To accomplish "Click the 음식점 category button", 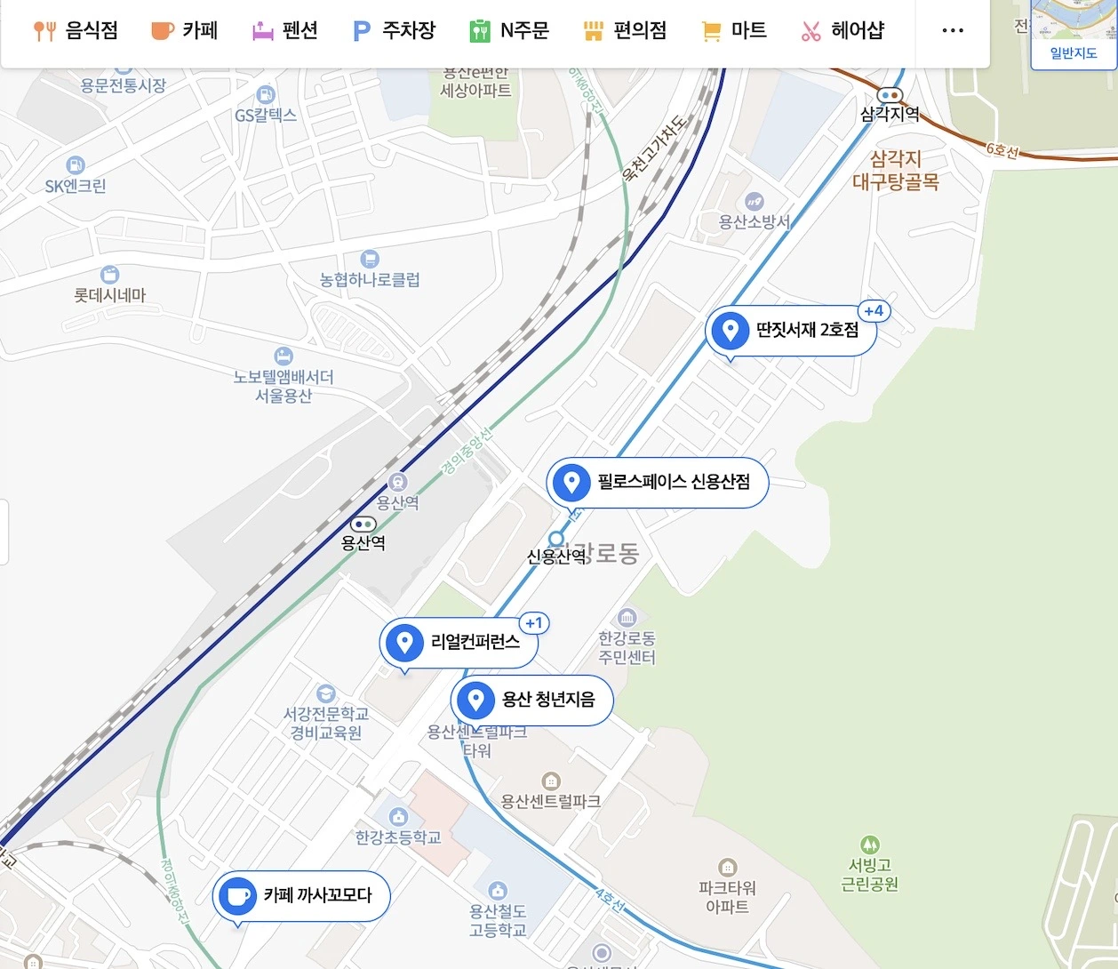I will pyautogui.click(x=76, y=31).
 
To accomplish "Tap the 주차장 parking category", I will pyautogui.click(x=394, y=31).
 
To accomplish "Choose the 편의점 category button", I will pyautogui.click(x=625, y=31).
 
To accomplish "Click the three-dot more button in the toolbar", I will pyautogui.click(x=952, y=31).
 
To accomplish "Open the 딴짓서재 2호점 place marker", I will pyautogui.click(x=790, y=331).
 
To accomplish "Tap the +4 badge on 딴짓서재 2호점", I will pyautogui.click(x=874, y=311).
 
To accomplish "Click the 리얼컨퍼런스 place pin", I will pyautogui.click(x=458, y=642).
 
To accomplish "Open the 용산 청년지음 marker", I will pyautogui.click(x=531, y=700).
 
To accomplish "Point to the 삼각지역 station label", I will pyautogui.click(x=890, y=114).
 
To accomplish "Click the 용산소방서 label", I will pyautogui.click(x=754, y=221).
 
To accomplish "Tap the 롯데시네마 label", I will pyautogui.click(x=110, y=294).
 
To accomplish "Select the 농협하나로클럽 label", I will pyautogui.click(x=370, y=279).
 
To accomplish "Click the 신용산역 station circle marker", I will pyautogui.click(x=556, y=539).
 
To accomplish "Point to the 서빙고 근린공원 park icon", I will pyautogui.click(x=870, y=845).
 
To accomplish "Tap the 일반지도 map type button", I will pyautogui.click(x=1073, y=53).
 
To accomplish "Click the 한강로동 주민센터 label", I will pyautogui.click(x=627, y=647).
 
